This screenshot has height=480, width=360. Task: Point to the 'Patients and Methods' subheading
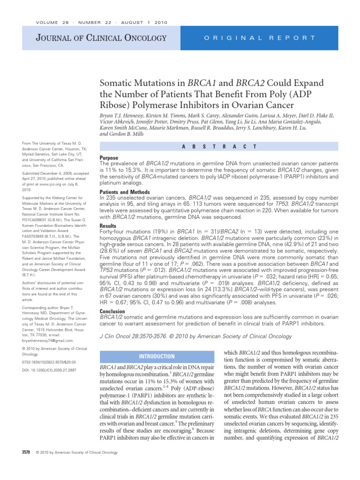coord(125,192)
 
